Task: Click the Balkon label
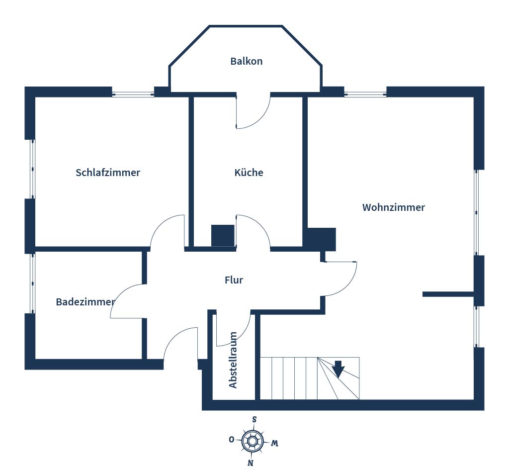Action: pyautogui.click(x=246, y=61)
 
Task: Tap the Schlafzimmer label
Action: pyautogui.click(x=108, y=173)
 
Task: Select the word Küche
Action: pyautogui.click(x=249, y=173)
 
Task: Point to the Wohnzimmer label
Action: pyautogui.click(x=393, y=207)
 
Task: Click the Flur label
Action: pyautogui.click(x=234, y=280)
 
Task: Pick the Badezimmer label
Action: pyautogui.click(x=85, y=302)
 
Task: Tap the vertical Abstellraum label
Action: pyautogui.click(x=233, y=360)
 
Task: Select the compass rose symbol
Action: pyautogui.click(x=252, y=440)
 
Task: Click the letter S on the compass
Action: pyautogui.click(x=254, y=419)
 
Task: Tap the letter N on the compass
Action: pyautogui.click(x=251, y=463)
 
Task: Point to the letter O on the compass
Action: pyautogui.click(x=232, y=439)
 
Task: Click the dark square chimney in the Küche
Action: pyautogui.click(x=222, y=235)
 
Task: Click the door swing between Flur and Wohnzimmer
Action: pyautogui.click(x=343, y=279)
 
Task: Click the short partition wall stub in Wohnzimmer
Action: pyautogui.click(x=447, y=294)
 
